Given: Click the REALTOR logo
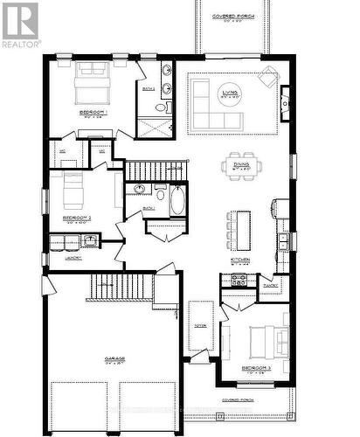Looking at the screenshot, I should coord(20,24).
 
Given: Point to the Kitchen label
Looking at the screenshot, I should coord(239,260).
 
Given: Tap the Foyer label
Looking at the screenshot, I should coord(199,325).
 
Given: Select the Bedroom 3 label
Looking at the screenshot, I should coord(257,368).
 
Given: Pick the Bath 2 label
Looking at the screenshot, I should coord(148,88).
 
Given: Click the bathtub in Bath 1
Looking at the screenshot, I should coord(177,201).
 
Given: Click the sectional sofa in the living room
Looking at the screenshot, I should coord(208,103).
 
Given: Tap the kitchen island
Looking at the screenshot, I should coord(242,228).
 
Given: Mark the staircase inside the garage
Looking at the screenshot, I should coord(121,286).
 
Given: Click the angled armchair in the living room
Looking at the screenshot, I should coord(268,81).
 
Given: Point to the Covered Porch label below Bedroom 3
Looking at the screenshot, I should coord(239,399).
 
